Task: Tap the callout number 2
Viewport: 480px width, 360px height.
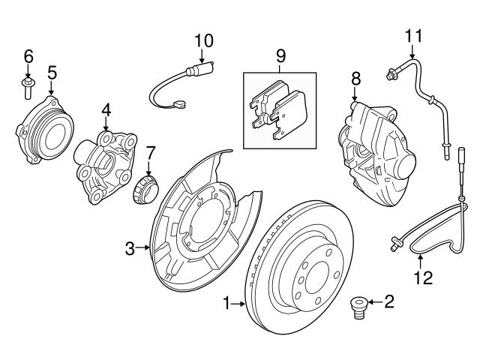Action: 388,303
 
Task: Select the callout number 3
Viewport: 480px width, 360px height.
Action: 130,247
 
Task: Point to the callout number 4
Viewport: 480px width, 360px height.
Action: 106,109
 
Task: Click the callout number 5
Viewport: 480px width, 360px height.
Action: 52,72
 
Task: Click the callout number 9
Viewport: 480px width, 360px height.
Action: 280,55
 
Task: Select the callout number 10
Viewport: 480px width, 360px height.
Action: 204,40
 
